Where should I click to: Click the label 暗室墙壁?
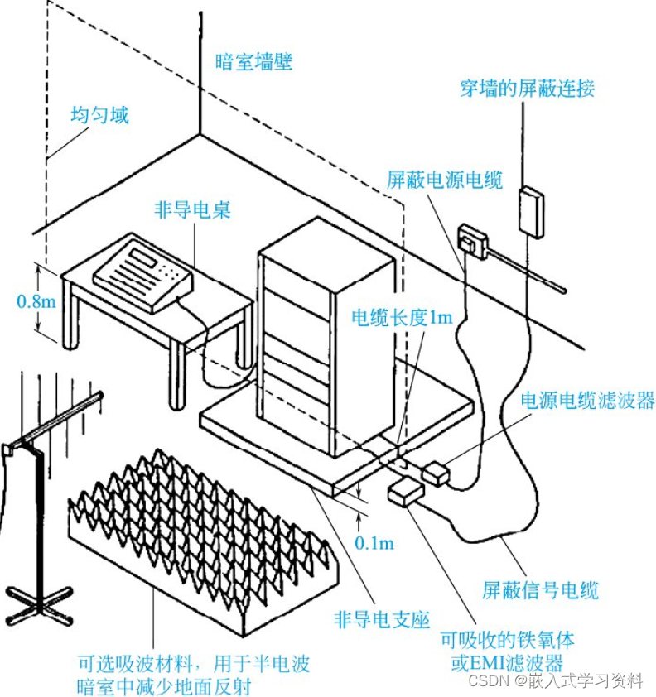click(253, 61)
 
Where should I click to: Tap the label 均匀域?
click(99, 114)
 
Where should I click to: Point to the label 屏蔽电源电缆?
click(445, 180)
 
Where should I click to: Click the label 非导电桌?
click(192, 210)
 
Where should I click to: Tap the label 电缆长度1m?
click(403, 318)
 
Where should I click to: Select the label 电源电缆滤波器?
click(587, 401)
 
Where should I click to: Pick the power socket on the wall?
click(472, 240)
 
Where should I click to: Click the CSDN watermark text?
click(555, 680)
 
